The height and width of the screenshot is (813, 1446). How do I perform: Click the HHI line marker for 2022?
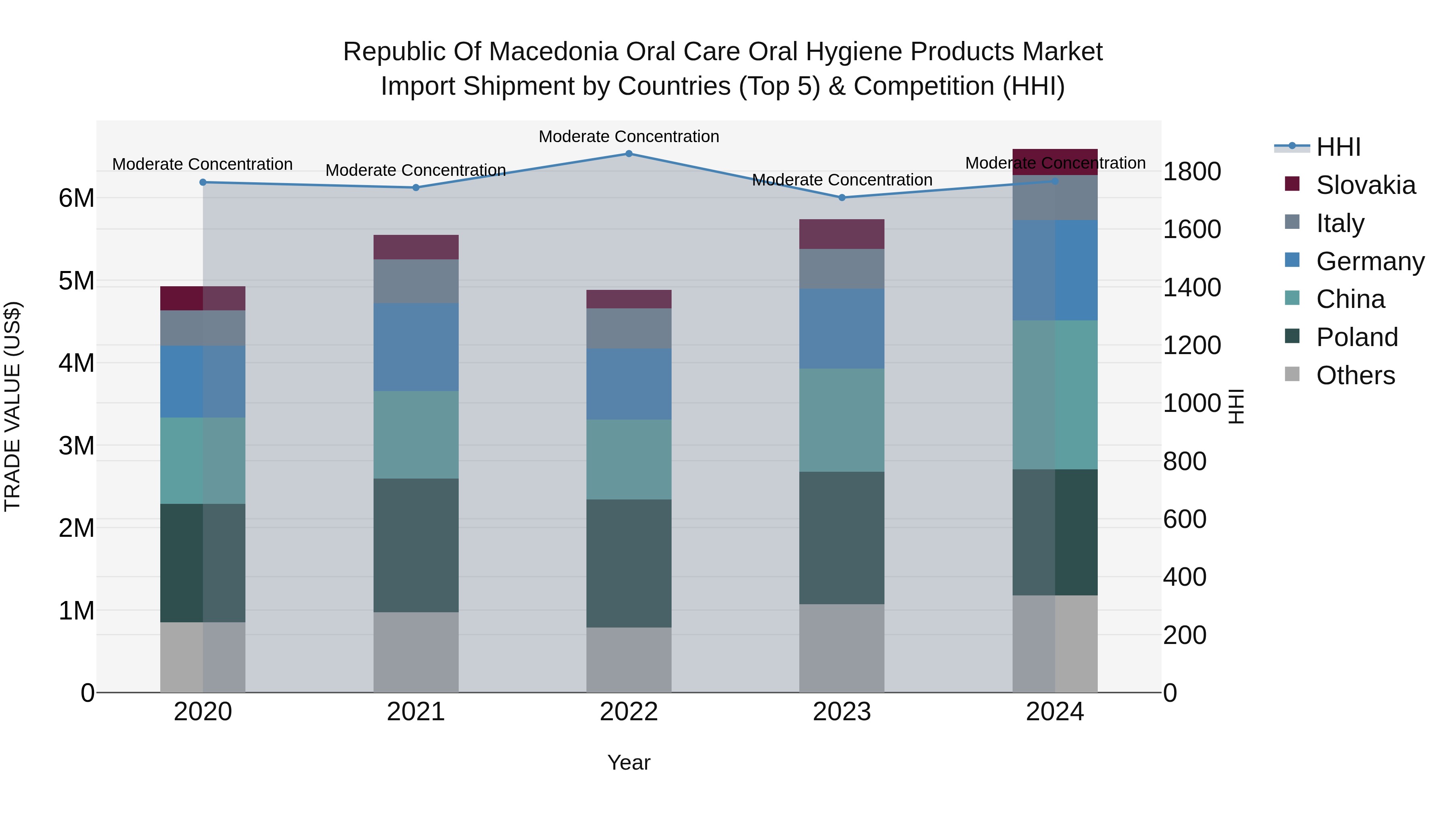click(x=629, y=154)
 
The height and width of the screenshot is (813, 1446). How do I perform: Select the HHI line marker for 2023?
click(x=841, y=198)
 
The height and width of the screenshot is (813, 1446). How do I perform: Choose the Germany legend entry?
click(x=1369, y=261)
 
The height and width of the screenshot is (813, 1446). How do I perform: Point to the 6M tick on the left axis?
click(x=76, y=198)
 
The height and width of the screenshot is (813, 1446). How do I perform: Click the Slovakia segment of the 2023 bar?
click(x=841, y=234)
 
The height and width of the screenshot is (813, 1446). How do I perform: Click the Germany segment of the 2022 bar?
click(x=629, y=384)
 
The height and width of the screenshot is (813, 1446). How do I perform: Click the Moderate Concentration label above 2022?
click(x=629, y=137)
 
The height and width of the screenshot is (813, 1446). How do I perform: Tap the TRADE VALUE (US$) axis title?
click(x=12, y=406)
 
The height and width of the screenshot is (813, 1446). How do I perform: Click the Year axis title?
click(x=629, y=762)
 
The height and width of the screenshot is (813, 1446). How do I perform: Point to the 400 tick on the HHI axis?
click(x=1185, y=577)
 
